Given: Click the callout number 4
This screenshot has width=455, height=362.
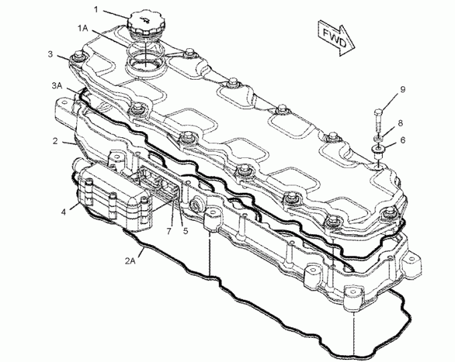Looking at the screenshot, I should click(x=64, y=211).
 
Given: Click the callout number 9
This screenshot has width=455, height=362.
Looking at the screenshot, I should click(x=402, y=89).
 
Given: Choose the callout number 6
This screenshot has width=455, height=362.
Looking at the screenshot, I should click(x=402, y=140).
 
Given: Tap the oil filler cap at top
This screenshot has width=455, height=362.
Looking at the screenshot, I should click(x=143, y=25).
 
